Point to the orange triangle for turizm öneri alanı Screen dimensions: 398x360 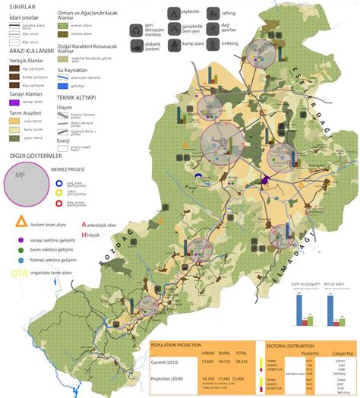coord(21,225)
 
